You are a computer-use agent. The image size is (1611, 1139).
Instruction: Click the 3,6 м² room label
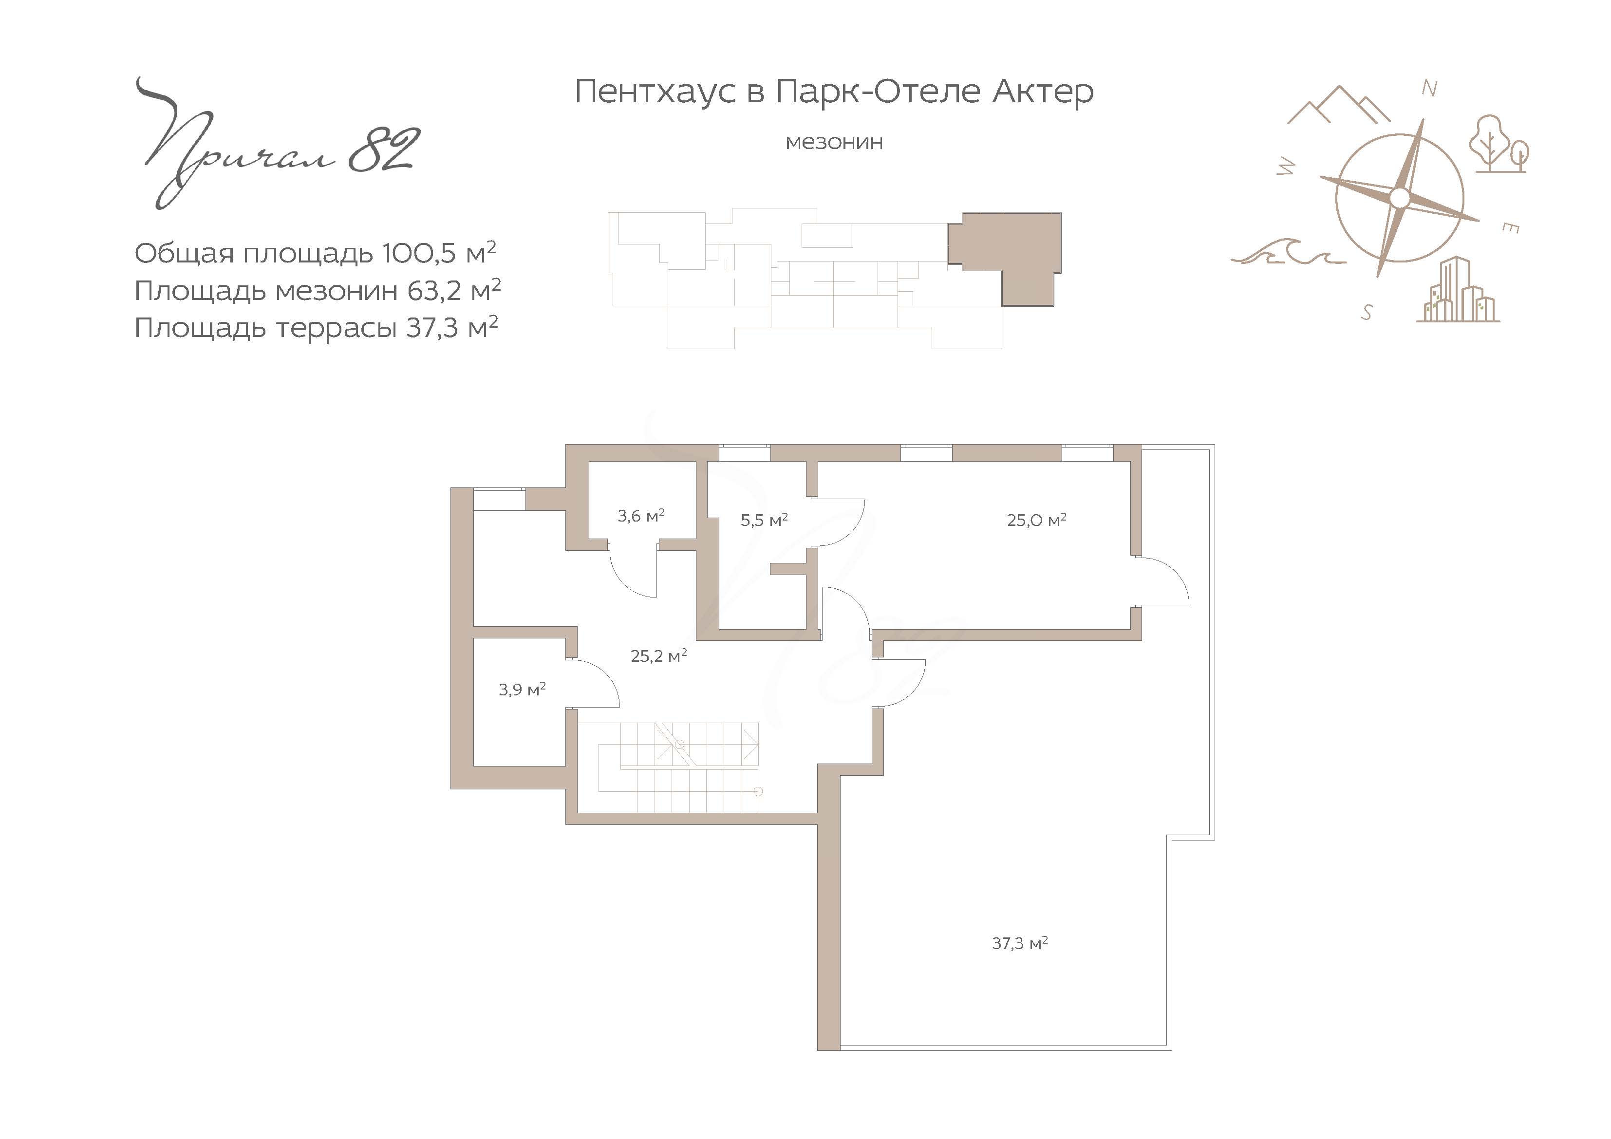[640, 516]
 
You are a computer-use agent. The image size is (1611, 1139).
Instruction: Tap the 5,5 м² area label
[764, 520]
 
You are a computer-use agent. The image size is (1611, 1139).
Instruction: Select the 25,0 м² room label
[1036, 520]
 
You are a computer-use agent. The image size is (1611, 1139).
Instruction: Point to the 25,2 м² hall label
[658, 655]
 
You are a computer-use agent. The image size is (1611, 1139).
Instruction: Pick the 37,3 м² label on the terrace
[1019, 943]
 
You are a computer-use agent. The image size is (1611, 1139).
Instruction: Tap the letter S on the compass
[1366, 312]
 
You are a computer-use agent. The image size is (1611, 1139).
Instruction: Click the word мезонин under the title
[834, 143]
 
